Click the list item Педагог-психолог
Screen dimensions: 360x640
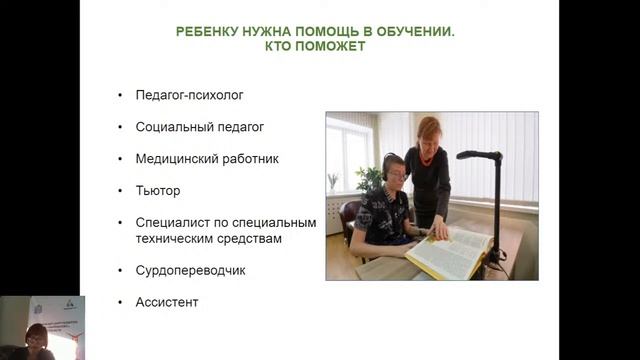click(190, 96)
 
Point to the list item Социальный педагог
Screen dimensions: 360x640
click(199, 127)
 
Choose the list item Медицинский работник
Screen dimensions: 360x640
click(207, 158)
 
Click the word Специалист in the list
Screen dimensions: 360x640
click(170, 221)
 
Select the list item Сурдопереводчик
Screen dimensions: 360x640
click(190, 270)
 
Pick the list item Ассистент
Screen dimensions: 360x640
click(167, 301)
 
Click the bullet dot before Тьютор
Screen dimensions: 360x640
click(120, 189)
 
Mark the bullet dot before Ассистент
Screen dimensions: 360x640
click(120, 301)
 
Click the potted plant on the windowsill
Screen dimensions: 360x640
click(333, 182)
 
